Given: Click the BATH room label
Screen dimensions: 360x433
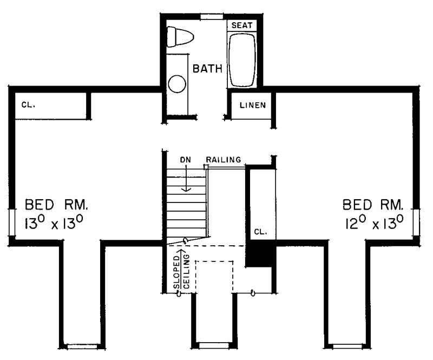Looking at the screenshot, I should [208, 69].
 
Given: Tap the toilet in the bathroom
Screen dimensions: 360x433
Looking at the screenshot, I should [180, 37].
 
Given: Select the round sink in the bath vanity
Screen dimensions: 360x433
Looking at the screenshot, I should [177, 84].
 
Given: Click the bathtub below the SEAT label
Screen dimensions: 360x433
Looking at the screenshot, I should [241, 60].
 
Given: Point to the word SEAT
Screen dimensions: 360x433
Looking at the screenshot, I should [241, 25].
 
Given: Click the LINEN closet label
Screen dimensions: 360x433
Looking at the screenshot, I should [252, 105].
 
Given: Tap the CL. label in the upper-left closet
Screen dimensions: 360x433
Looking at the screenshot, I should [29, 104].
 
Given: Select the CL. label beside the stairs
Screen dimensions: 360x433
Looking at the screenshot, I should [260, 232].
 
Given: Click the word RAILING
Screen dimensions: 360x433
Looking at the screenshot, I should [223, 159].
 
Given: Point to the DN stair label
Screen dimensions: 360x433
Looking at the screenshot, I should [186, 160].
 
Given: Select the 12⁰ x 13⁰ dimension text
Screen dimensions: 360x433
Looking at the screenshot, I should [373, 222].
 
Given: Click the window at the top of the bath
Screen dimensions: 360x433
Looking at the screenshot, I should [212, 16].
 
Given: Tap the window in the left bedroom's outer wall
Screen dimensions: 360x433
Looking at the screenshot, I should [11, 222].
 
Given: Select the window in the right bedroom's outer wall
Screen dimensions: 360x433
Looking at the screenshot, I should [416, 222].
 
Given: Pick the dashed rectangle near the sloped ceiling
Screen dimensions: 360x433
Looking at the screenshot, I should [214, 277].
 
